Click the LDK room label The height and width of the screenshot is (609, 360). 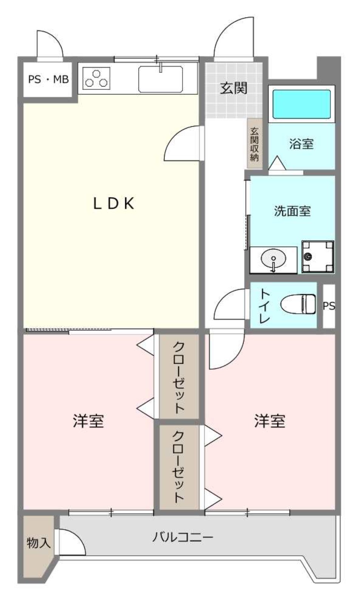coord(114,203)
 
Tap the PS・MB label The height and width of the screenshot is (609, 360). coord(48,79)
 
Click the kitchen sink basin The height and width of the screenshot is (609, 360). coord(160,79)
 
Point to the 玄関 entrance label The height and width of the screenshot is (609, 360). coord(234,88)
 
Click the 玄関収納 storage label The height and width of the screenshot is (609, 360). coord(254,144)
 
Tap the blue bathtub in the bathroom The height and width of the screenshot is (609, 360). coord(301,104)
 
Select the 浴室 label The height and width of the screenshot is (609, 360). coord(301,144)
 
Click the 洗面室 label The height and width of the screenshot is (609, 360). coord(292,211)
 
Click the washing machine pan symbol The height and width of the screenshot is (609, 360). coord(318,257)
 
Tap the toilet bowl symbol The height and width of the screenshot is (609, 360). coord(298,304)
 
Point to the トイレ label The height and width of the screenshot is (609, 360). coord(265,305)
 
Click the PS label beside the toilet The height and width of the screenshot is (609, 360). coord(329,306)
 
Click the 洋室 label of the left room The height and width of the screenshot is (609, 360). coord(88,421)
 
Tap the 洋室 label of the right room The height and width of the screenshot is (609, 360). coord(270,421)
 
